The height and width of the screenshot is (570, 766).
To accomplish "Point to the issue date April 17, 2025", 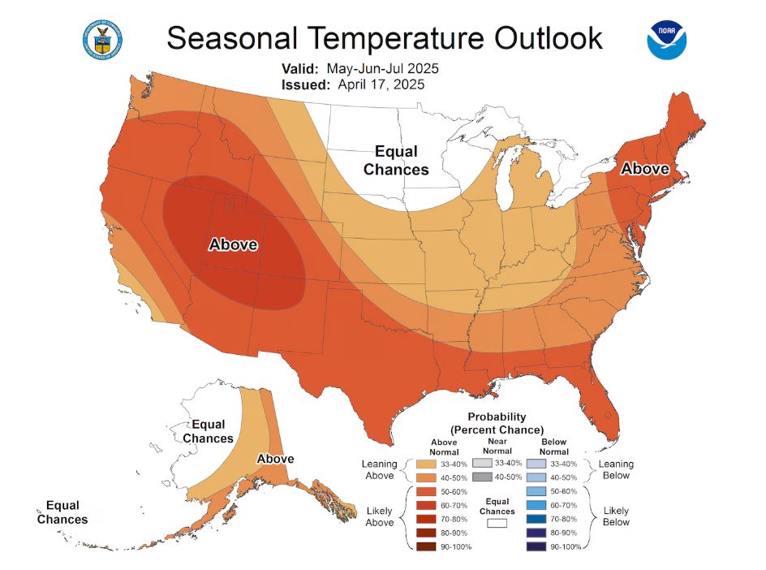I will tap(377, 84).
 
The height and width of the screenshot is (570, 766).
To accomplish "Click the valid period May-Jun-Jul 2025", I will tap(384, 68).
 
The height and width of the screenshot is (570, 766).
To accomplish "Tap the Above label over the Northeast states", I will tap(645, 169).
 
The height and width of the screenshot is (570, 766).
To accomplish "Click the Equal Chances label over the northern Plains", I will tap(396, 160).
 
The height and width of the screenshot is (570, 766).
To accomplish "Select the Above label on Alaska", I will tap(275, 459).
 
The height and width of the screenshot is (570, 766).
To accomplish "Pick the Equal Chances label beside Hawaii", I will tap(62, 512).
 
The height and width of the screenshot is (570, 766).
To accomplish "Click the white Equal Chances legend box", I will tap(497, 524).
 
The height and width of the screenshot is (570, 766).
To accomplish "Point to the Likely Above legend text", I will tap(378, 516).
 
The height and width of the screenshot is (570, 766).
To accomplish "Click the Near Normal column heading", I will tap(497, 447).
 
